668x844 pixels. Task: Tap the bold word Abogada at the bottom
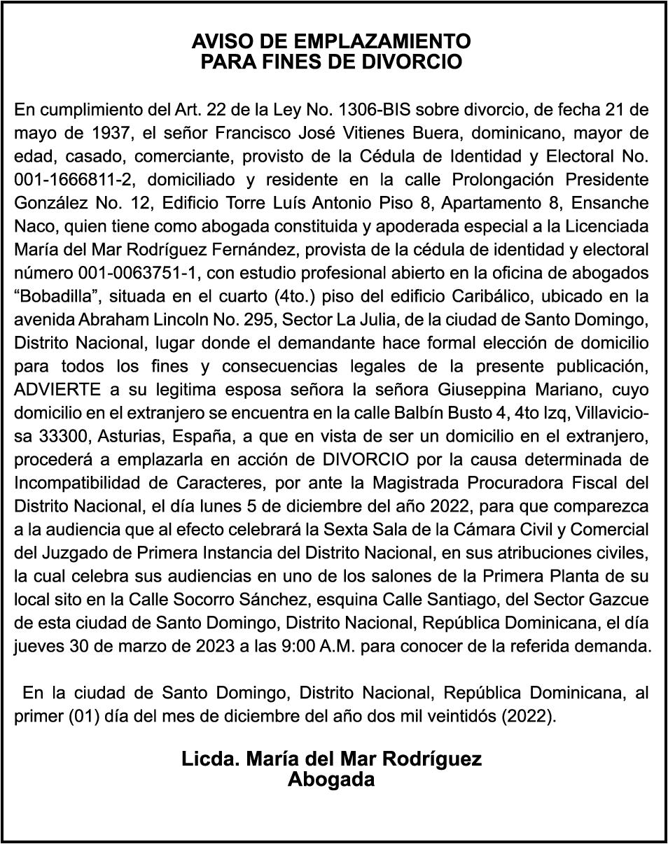click(331, 780)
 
